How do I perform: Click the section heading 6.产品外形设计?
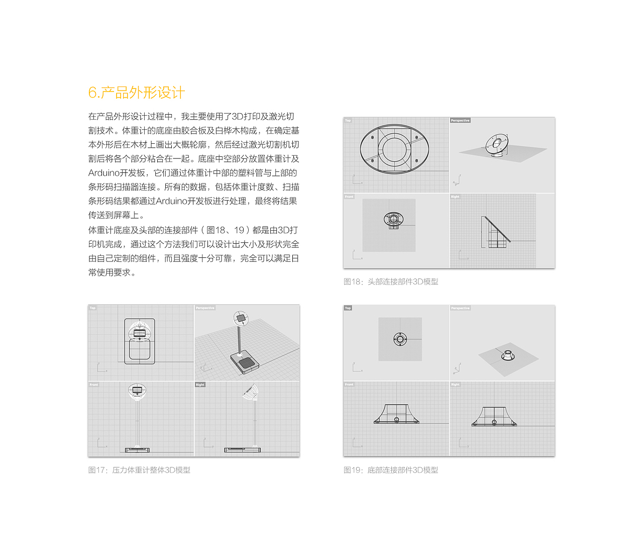137,92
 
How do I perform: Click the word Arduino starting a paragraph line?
103,173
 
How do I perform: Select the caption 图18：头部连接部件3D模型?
391,282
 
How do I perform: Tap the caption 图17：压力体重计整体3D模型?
139,470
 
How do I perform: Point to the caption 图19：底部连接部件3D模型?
391,470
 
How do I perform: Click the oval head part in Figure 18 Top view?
395,149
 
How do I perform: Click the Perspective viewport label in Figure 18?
460,121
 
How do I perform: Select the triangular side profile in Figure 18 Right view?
495,233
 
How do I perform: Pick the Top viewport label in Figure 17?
92,308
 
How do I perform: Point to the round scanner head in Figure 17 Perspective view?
241,318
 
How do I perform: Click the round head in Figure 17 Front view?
137,391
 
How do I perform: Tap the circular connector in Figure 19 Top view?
400,339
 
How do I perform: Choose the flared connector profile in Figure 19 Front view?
396,414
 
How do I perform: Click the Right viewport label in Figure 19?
455,385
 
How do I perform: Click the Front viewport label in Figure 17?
94,385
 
